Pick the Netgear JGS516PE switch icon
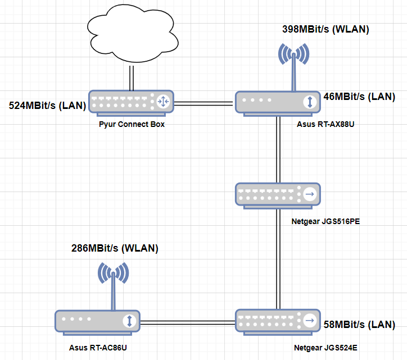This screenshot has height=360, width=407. coord(278,194)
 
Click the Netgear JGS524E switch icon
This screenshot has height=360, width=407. coord(278,321)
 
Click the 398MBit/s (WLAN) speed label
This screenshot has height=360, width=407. coord(321,29)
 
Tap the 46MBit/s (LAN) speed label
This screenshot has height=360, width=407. coord(359,97)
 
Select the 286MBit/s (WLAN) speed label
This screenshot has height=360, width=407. coord(115,248)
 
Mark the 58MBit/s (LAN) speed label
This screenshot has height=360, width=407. coord(359,325)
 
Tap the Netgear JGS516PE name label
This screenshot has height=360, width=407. coord(325,221)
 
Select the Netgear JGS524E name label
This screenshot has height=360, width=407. coord(324,348)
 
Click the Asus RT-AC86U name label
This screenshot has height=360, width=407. coord(98,348)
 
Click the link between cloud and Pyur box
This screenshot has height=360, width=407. coord(132,78)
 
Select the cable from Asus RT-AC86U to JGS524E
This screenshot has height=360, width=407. coord(187,322)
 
